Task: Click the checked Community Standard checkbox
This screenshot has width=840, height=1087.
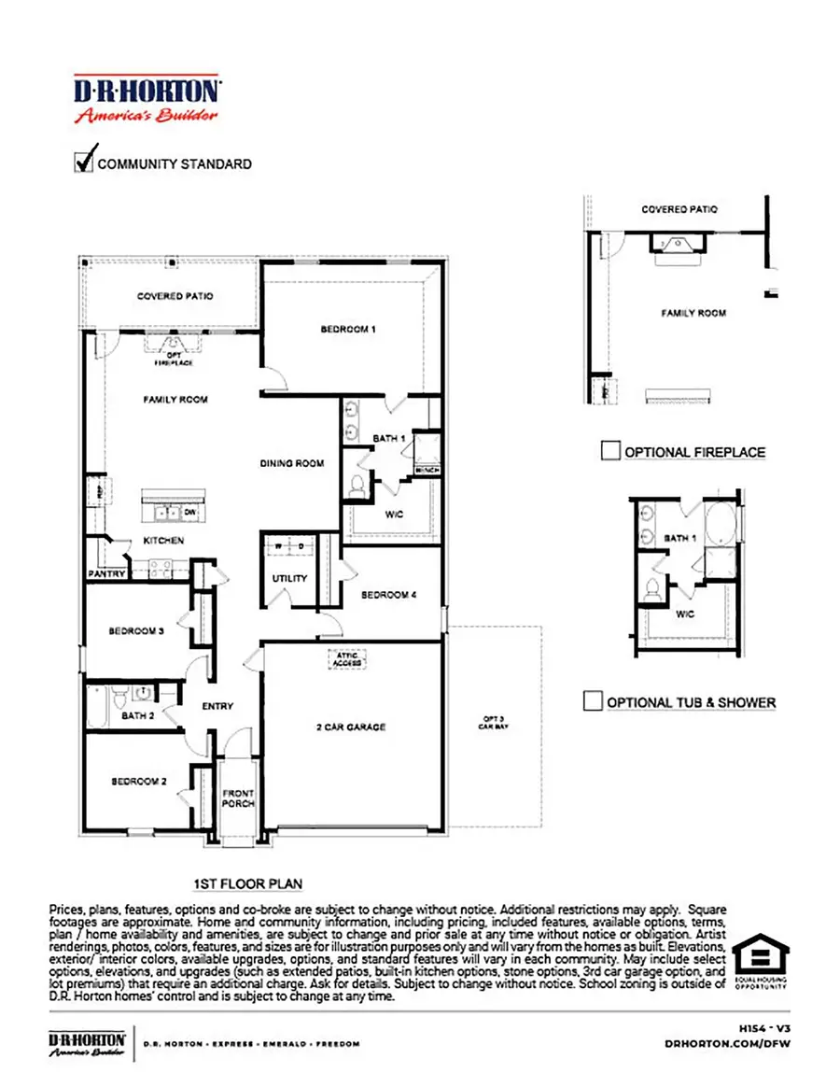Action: coord(84,161)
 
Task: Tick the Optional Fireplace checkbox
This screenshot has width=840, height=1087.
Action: coord(609,452)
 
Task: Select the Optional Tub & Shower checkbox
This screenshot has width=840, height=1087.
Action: coord(592,701)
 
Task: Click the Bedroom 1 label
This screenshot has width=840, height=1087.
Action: coord(348,329)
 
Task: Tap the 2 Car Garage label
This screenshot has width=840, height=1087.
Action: coord(352,727)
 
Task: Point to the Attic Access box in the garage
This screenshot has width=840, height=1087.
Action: coord(346,659)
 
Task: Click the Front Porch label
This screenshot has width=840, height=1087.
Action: coord(238,798)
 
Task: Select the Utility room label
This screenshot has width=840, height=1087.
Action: coord(289,579)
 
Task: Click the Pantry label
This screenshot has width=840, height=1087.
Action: coord(106,573)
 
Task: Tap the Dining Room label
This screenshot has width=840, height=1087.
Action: coord(292,463)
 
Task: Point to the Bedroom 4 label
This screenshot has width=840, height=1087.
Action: coord(388,595)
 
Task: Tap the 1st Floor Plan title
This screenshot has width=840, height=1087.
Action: coord(247,883)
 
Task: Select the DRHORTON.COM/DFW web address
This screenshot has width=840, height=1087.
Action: coord(728,1043)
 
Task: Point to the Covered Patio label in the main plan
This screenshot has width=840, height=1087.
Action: coord(175,296)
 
